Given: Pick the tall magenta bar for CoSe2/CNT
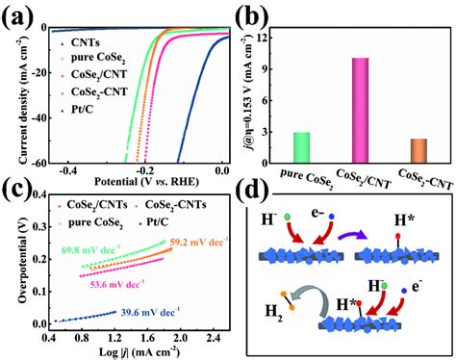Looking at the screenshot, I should point(360,111).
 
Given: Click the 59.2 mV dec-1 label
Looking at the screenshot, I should point(197,244).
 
